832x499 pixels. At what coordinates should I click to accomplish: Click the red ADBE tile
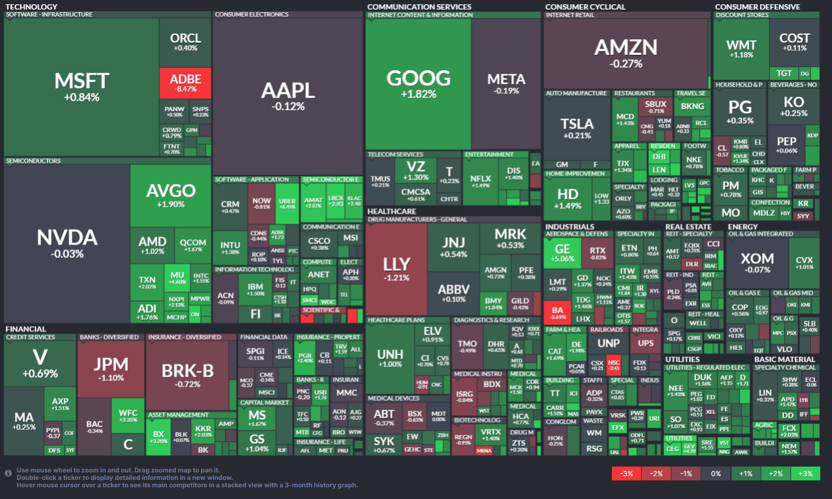click(x=186, y=83)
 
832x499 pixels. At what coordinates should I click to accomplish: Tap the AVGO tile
click(x=171, y=196)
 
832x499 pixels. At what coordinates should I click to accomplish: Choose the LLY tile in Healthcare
click(x=396, y=268)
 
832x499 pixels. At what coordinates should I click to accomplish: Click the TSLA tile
click(x=577, y=128)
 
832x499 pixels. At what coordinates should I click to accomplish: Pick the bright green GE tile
click(x=562, y=252)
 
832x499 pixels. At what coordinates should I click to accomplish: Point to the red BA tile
click(x=558, y=312)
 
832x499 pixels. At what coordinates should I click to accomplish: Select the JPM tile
click(x=111, y=369)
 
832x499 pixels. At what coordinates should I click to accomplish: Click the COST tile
click(x=794, y=42)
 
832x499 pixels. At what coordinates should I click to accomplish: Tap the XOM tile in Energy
click(x=757, y=262)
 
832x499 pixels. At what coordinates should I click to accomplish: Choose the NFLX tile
click(x=481, y=181)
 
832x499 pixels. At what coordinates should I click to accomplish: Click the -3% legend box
click(x=626, y=473)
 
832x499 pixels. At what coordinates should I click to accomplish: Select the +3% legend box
click(x=805, y=473)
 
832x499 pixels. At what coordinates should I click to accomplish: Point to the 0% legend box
click(x=716, y=473)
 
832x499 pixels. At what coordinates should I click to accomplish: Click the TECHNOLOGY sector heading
click(x=31, y=7)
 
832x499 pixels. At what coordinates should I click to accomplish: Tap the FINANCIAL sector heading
click(x=26, y=329)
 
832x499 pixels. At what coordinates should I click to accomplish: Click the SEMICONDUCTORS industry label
click(x=33, y=160)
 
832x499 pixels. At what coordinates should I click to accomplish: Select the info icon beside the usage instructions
click(x=8, y=473)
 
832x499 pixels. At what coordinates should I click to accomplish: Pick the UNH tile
click(x=390, y=358)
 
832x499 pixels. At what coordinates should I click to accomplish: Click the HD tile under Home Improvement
click(x=568, y=198)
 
